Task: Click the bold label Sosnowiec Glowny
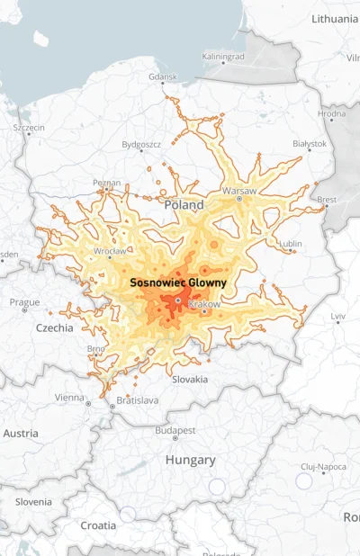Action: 177,282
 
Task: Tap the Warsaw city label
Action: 238,191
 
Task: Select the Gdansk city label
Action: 163,77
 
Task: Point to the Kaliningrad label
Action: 223,56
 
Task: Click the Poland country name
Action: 184,205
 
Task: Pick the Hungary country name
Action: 190,460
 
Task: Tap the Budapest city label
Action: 175,430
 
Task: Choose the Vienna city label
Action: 69,397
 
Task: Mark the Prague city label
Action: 24,301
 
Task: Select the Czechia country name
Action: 54,327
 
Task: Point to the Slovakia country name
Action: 189,379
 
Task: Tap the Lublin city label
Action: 290,243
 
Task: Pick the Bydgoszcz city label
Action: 141,144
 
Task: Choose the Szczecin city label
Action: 29,128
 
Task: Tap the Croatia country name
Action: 98,525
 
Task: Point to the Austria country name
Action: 21,433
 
